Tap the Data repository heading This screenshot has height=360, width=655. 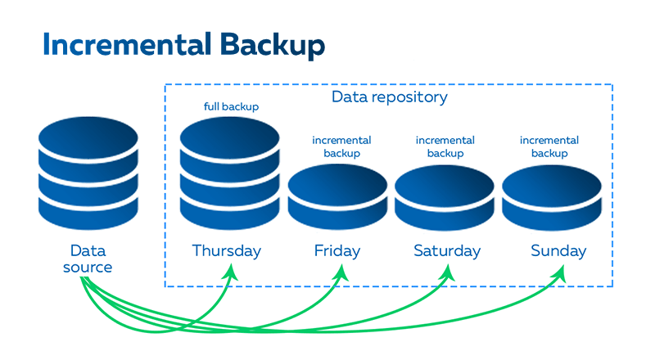point(389,97)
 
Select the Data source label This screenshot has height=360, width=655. point(88,259)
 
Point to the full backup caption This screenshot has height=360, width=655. point(231,107)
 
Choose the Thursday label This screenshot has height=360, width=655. point(227,250)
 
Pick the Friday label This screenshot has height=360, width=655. point(337,250)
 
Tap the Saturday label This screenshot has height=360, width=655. point(446,250)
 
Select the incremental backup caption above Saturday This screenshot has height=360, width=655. point(445,146)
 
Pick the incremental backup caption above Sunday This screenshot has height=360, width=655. point(549,146)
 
